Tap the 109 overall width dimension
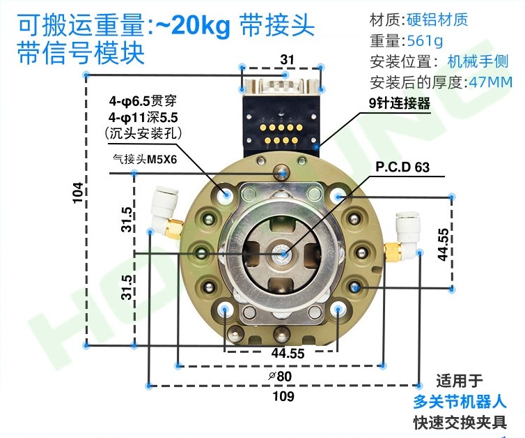284,397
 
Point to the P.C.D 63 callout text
402,167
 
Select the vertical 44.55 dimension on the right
443,244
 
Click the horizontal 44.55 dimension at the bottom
288,354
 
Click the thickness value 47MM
490,82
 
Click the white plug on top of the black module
282,88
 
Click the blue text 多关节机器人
459,402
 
